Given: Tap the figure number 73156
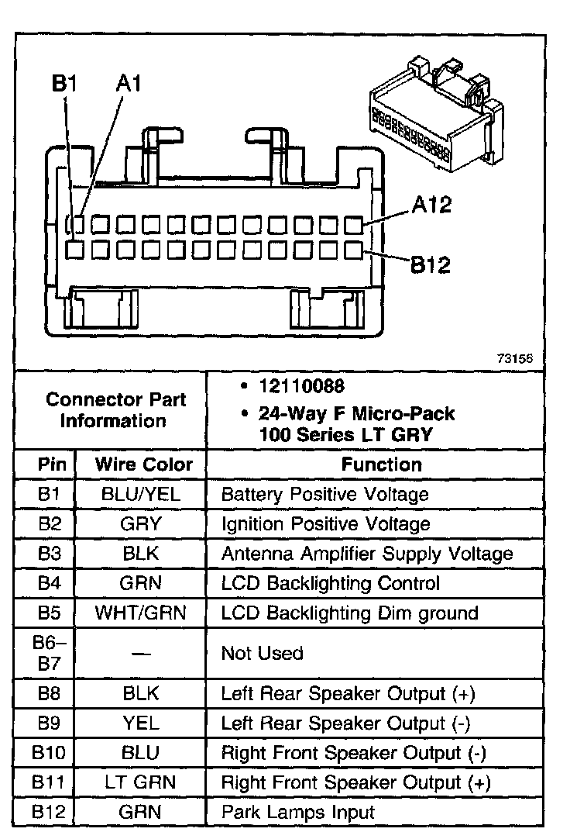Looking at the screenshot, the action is [x=515, y=358].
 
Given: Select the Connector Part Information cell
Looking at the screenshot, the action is [x=116, y=410].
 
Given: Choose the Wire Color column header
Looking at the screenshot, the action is [x=143, y=464].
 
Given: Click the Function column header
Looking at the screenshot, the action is [x=382, y=464].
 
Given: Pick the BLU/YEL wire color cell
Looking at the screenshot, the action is [x=141, y=494].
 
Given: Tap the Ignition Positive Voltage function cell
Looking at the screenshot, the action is [x=325, y=524].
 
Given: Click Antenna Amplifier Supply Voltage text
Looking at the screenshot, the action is [x=367, y=554].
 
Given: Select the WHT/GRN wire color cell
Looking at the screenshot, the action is [x=141, y=613].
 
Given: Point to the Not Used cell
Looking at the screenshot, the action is [x=262, y=653].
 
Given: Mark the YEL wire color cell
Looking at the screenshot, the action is [x=141, y=723].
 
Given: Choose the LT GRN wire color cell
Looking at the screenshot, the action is [x=141, y=782].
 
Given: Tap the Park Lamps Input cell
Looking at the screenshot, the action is [x=298, y=812].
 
